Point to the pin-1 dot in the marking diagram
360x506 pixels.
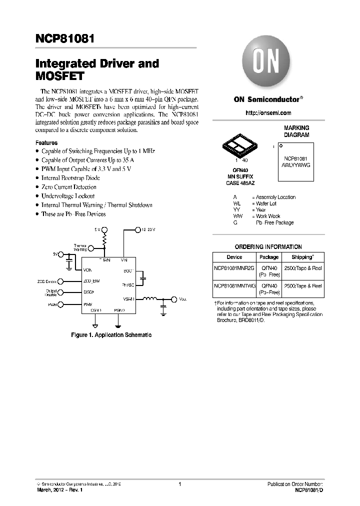point(280,145)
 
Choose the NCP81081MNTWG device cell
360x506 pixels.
point(234,285)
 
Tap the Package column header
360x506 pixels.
point(269,257)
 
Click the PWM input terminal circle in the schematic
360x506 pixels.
point(60,304)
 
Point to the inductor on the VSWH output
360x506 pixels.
point(150,299)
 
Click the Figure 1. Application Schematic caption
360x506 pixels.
point(111,335)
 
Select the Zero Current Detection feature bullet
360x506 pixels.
point(68,187)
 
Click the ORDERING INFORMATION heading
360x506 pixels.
point(268,247)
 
